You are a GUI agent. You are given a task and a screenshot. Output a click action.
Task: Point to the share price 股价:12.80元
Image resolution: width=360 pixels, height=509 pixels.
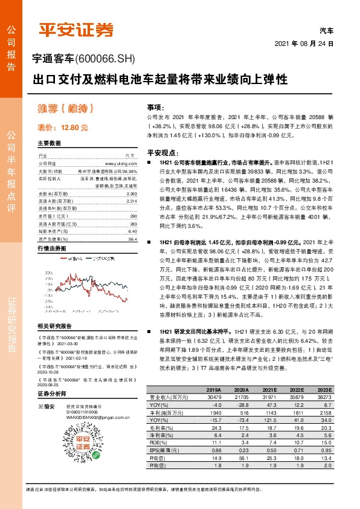pyautogui.click(x=63, y=128)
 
